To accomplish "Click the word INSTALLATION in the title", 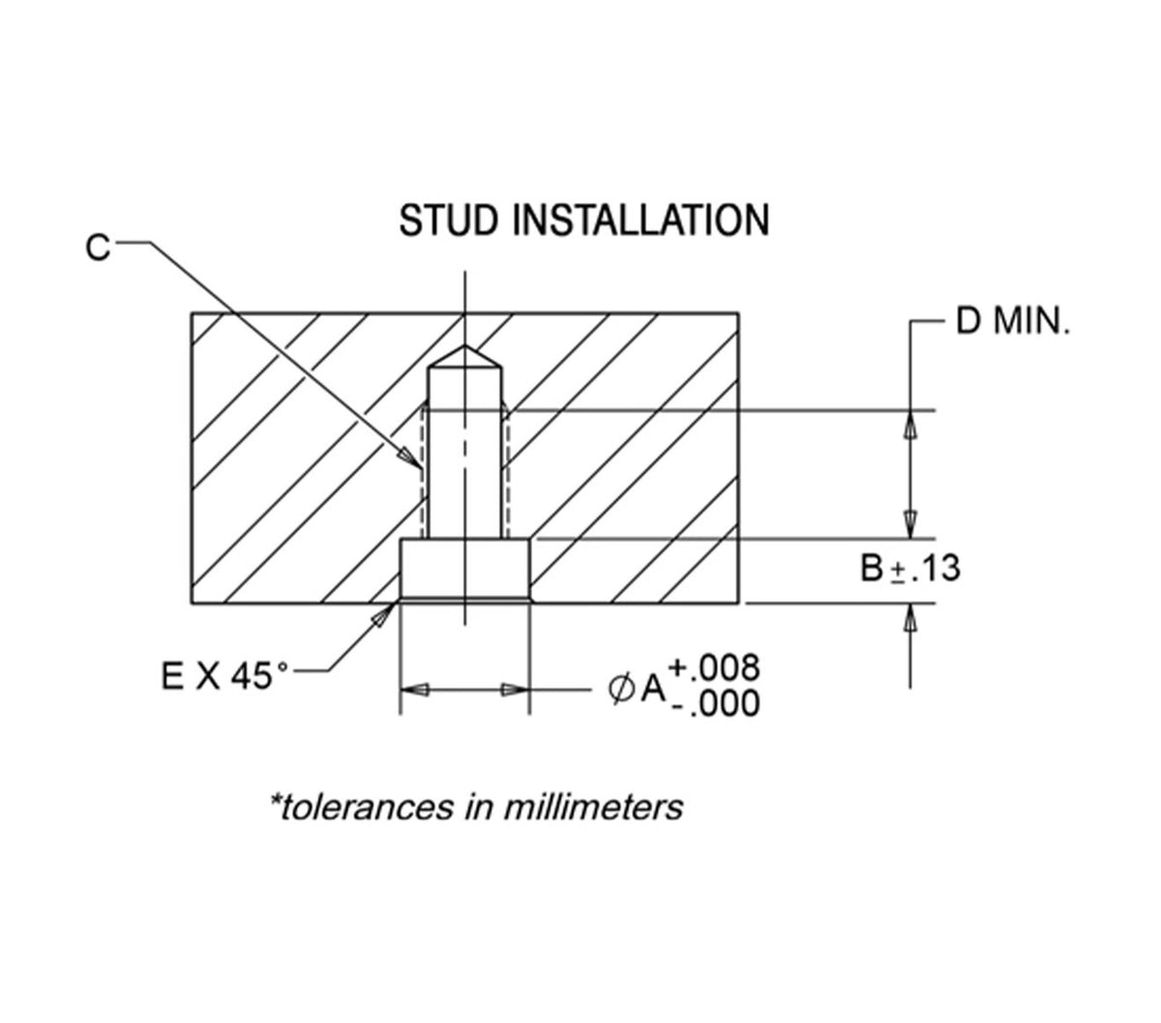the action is [x=640, y=220].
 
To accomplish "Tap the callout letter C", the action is [x=97, y=248].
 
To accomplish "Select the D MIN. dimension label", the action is [x=1013, y=321].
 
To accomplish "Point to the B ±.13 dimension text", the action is [x=910, y=569].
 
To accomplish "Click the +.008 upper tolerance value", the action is [x=715, y=667].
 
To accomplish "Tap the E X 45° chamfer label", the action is [x=224, y=676].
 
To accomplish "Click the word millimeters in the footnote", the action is [x=593, y=807].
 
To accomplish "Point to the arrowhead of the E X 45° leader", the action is [x=384, y=615].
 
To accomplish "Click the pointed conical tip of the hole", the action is [x=464, y=346].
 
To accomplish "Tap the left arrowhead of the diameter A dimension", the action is [x=414, y=689].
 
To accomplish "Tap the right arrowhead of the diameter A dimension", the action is [x=515, y=689].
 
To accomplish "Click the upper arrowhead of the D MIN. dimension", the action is [x=910, y=424].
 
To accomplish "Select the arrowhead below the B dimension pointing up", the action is [x=910, y=618].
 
